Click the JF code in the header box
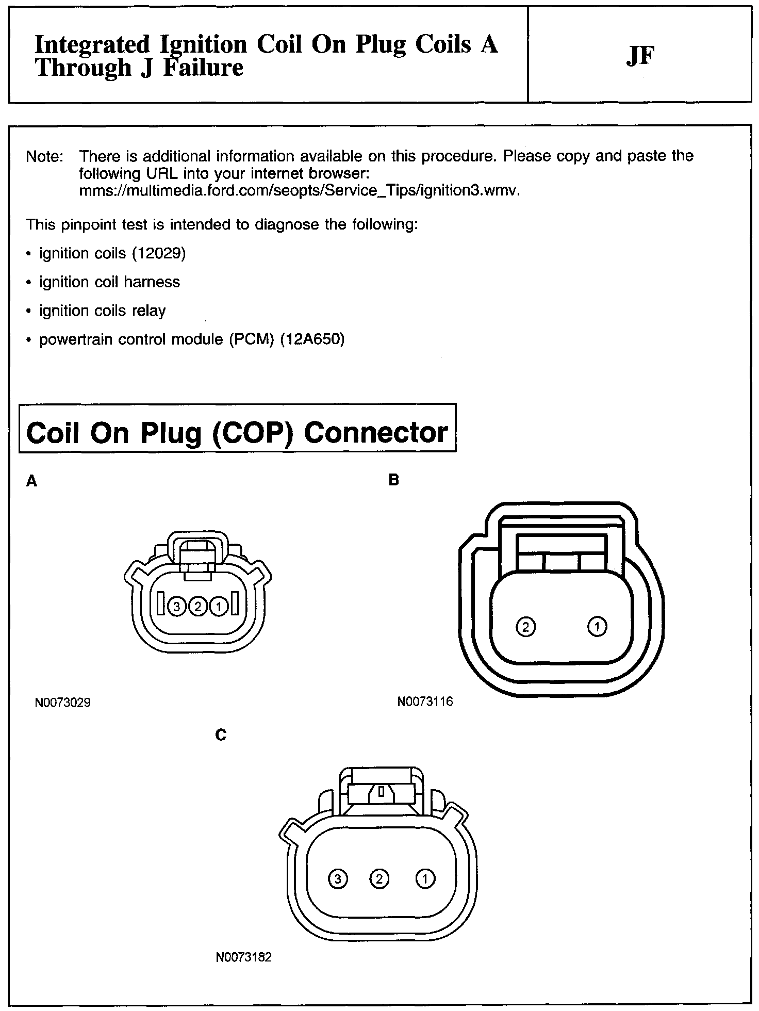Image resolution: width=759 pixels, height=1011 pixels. pyautogui.click(x=640, y=56)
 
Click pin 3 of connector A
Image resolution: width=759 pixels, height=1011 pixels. pyautogui.click(x=177, y=607)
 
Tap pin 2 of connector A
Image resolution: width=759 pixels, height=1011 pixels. pyautogui.click(x=197, y=607)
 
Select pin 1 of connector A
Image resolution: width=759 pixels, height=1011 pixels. pyautogui.click(x=219, y=607)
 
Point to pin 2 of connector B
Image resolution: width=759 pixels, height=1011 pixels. pyautogui.click(x=525, y=627)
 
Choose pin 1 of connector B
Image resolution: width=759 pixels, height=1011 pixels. pyautogui.click(x=597, y=627)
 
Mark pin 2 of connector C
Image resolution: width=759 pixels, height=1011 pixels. pyautogui.click(x=379, y=878)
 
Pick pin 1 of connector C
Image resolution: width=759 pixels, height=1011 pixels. pyautogui.click(x=425, y=878)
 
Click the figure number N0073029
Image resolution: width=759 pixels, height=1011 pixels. pyautogui.click(x=63, y=703)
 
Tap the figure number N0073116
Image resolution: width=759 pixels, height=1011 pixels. pyautogui.click(x=425, y=702)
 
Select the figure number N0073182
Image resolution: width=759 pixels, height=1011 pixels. pyautogui.click(x=243, y=957)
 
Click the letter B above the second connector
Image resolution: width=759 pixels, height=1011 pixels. pyautogui.click(x=393, y=480)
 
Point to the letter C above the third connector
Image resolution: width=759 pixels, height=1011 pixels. pyautogui.click(x=221, y=735)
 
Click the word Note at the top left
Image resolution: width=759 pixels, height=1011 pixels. pyautogui.click(x=44, y=156)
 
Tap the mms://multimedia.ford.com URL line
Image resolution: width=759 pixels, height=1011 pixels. pyautogui.click(x=299, y=191)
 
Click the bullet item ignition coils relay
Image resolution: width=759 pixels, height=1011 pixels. pyautogui.click(x=102, y=311)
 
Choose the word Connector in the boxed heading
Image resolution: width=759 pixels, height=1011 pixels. pyautogui.click(x=376, y=432)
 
